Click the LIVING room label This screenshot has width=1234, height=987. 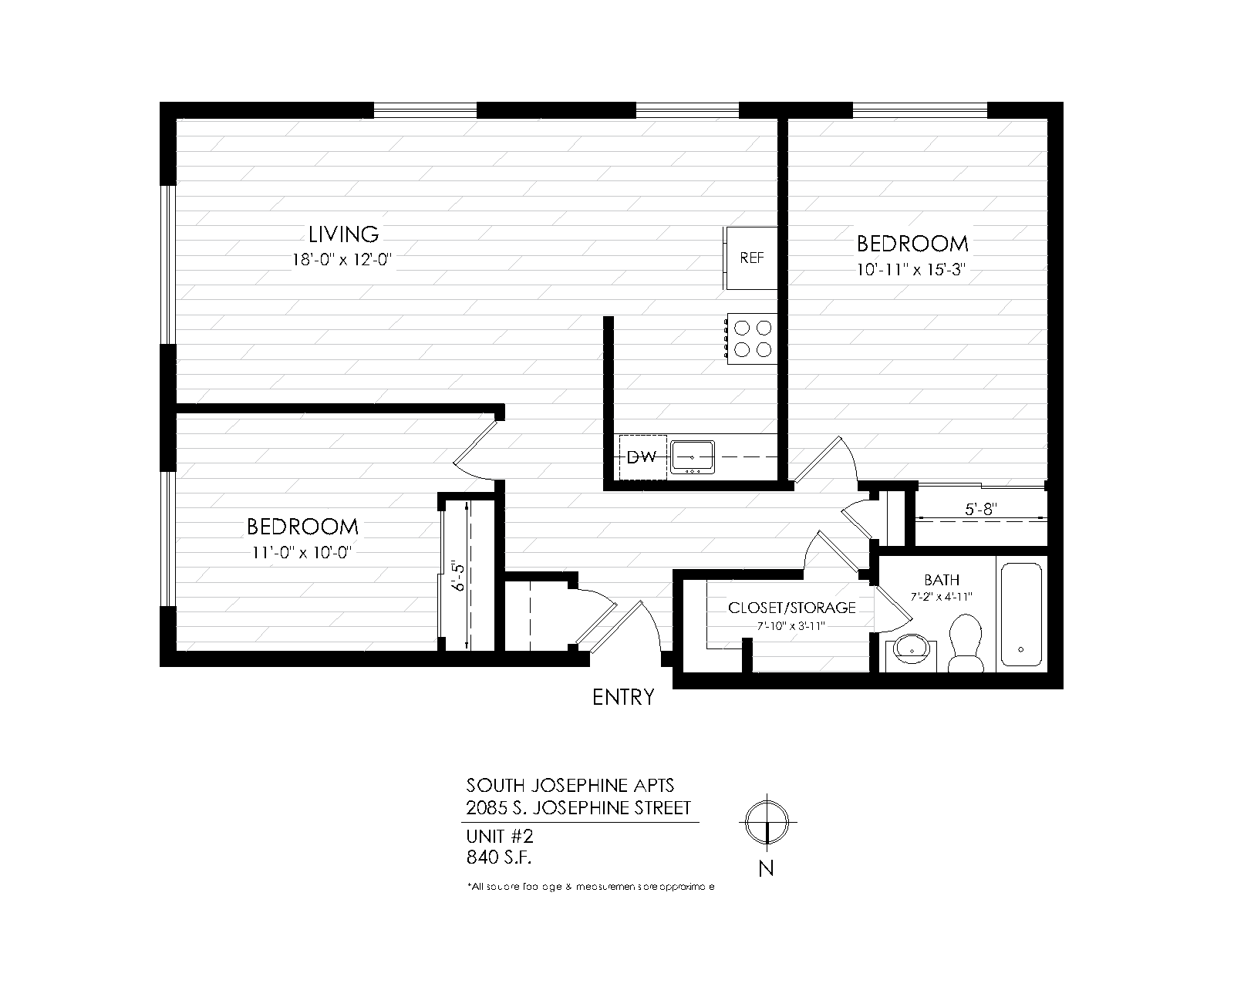(x=343, y=234)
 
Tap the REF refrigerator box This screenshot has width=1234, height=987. (x=751, y=258)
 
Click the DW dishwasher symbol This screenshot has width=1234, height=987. (x=642, y=458)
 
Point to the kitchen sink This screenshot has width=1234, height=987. (x=692, y=456)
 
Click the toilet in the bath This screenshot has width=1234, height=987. (x=965, y=642)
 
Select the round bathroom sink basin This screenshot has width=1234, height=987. (x=910, y=652)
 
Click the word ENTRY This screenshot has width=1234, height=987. (x=623, y=698)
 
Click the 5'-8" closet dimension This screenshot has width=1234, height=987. (x=981, y=509)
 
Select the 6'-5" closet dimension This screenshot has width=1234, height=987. (x=460, y=575)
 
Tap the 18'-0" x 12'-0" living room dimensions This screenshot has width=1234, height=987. (x=342, y=260)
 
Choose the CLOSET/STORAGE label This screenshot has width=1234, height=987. (x=792, y=608)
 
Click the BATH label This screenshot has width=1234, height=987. (x=941, y=580)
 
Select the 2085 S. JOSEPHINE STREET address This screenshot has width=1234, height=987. (x=578, y=808)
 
